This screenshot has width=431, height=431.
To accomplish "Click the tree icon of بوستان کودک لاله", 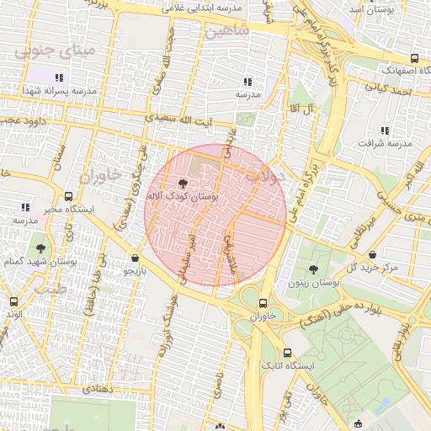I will point(183,183).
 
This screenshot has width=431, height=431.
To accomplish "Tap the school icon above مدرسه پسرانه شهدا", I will point(59,77).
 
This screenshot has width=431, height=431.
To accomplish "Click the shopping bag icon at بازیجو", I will point(136,258).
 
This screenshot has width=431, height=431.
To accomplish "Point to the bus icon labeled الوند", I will point(13,301).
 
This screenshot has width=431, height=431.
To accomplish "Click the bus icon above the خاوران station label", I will point(263,304).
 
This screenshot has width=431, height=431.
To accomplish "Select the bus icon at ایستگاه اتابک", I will point(288,354).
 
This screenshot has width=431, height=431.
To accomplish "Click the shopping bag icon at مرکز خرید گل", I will point(372,254).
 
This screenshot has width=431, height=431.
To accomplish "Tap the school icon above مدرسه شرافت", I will point(385,130).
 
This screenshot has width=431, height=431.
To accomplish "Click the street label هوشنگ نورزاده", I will point(168,324).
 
